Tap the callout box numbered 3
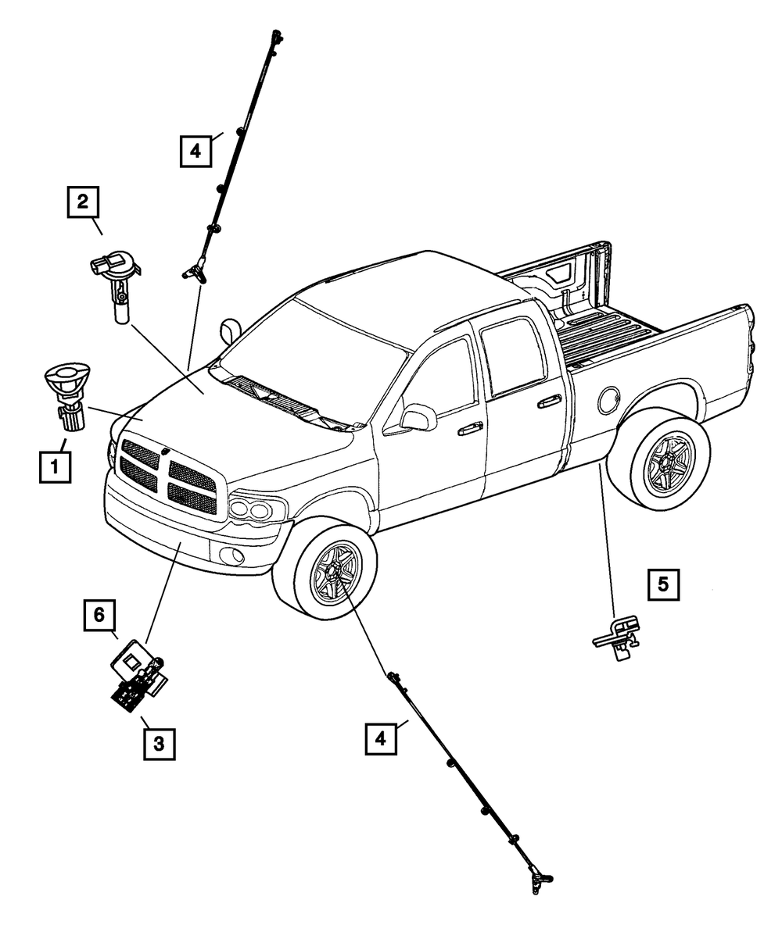[159, 744]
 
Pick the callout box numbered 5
[662, 584]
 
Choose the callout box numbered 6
[99, 615]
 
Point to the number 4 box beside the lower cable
[380, 737]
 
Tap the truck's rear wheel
[668, 464]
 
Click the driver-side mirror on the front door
[420, 416]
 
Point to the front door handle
[470, 428]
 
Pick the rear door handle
[549, 402]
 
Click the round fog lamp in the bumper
[232, 555]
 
